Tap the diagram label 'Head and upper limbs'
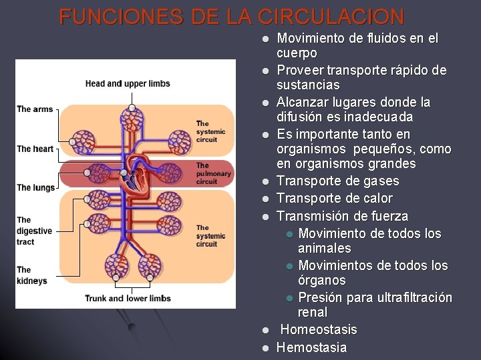point(128,83)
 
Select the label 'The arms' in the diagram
point(34,109)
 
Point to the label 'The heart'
point(35,149)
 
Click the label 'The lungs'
point(35,187)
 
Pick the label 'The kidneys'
point(31,275)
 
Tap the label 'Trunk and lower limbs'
point(128,298)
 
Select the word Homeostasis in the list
point(318,329)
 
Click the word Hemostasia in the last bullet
point(311,347)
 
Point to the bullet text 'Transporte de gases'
point(337,181)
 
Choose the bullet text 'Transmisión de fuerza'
point(342,216)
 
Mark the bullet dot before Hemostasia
point(265,347)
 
